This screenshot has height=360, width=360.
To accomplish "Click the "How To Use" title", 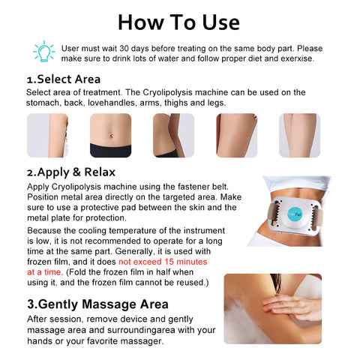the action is [x=178, y=22].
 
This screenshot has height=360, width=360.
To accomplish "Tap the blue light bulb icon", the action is [x=44, y=51].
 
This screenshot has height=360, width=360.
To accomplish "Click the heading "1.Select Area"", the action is [x=64, y=79].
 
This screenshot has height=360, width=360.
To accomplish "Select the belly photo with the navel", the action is [x=110, y=136].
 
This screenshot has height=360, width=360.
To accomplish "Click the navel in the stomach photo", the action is [x=111, y=136].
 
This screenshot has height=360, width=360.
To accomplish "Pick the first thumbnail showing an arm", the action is [x=47, y=136].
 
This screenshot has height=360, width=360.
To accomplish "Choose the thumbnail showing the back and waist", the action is [x=173, y=136].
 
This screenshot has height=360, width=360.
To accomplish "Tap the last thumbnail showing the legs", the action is [x=299, y=136].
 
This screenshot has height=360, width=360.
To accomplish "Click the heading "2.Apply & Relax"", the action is [x=71, y=172].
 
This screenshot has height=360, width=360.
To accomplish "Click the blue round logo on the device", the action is [x=295, y=214].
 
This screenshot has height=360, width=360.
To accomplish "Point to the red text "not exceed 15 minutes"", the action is [x=163, y=262].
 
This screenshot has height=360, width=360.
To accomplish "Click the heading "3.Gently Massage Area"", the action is [x=97, y=304].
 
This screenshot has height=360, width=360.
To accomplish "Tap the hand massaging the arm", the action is [x=292, y=307].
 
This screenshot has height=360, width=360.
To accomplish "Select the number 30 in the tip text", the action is [x=124, y=49].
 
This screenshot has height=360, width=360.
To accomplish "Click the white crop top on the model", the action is [x=297, y=183].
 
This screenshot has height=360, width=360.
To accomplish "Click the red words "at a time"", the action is [x=44, y=272].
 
